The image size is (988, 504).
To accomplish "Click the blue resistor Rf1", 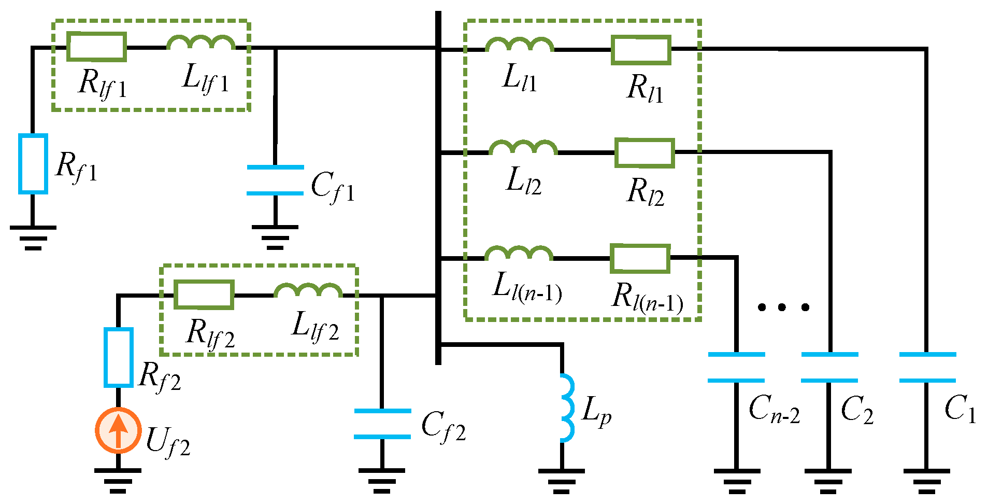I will tap(33, 164).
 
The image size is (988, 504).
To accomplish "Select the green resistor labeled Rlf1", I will tap(97, 47).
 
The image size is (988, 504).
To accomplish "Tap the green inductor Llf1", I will tap(201, 43).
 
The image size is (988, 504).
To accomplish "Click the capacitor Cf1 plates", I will tap(275, 180).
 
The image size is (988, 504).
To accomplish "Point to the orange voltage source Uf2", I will tap(118, 430).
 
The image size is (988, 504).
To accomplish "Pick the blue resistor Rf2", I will tap(119, 357).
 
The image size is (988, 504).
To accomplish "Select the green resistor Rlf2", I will tap(204, 295).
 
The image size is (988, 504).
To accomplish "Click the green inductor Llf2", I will tap(308, 291).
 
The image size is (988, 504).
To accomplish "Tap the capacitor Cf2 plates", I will tap(382, 424).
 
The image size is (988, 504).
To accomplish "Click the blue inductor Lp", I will tap(567, 408).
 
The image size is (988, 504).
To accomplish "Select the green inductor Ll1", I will tap(520, 46).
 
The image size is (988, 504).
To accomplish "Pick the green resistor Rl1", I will tap(641, 50).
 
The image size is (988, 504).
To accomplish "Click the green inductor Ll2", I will tap(523, 148).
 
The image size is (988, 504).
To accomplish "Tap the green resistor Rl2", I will tap(645, 153).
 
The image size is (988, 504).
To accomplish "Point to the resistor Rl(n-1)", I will tap(640, 258).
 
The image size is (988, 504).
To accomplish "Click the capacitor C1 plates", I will tap(927, 368).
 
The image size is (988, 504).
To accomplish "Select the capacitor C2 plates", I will tap(829, 368).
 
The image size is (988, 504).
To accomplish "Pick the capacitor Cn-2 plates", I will tap(736, 368).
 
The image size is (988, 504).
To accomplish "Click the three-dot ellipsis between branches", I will tap(783, 307).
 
